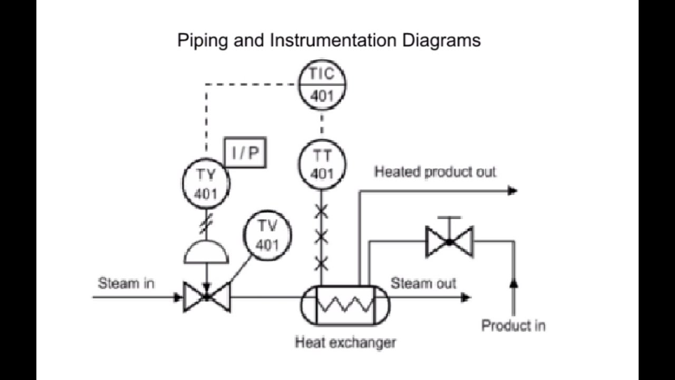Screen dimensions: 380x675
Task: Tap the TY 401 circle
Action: (206, 184)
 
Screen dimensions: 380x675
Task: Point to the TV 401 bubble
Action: (267, 235)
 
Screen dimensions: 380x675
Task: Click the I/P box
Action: (245, 153)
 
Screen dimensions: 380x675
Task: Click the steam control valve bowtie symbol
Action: (207, 298)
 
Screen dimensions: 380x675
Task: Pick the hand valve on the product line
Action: (449, 241)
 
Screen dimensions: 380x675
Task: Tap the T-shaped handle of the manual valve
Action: (449, 218)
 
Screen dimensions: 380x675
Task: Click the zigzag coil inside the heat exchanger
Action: (345, 305)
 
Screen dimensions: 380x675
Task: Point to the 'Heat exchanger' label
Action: (345, 343)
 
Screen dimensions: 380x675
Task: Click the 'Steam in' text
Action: (126, 283)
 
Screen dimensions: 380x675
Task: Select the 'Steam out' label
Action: (423, 283)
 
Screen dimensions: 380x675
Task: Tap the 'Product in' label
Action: (513, 326)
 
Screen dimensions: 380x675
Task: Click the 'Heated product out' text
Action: (435, 172)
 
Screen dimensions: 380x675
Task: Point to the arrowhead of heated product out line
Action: (512, 191)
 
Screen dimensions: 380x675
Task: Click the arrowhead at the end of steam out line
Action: (465, 298)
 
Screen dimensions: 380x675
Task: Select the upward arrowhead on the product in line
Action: (514, 283)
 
